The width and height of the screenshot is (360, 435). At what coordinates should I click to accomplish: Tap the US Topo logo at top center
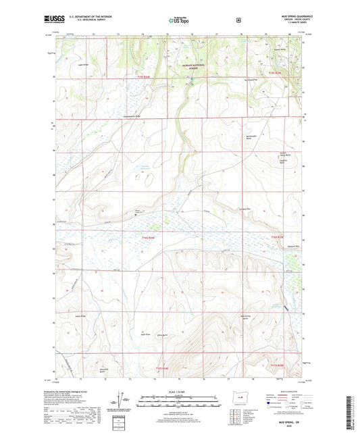(179, 21)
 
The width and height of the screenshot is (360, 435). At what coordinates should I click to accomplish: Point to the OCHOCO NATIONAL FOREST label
(192, 66)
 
